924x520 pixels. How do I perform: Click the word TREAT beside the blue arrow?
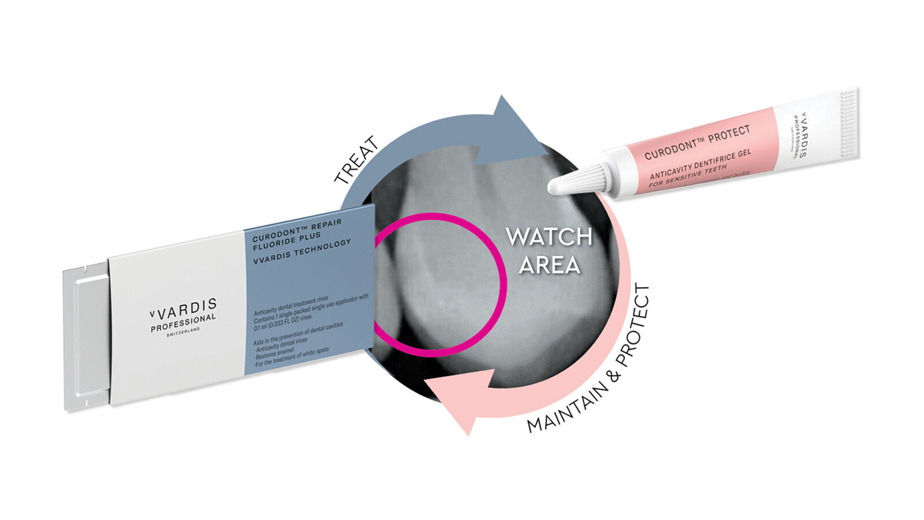point(356,161)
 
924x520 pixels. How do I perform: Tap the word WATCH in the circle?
point(549,237)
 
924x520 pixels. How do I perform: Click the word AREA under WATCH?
point(549,265)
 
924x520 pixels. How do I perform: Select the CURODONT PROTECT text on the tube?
point(697,142)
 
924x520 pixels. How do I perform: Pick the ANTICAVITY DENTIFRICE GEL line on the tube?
point(700,164)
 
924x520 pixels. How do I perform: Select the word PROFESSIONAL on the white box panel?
point(183,323)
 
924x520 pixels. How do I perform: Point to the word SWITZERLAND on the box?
point(183,332)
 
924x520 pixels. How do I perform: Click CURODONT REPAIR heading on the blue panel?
point(297,229)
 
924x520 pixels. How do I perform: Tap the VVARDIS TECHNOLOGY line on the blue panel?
point(302,252)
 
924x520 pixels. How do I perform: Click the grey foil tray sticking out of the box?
point(87,338)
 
